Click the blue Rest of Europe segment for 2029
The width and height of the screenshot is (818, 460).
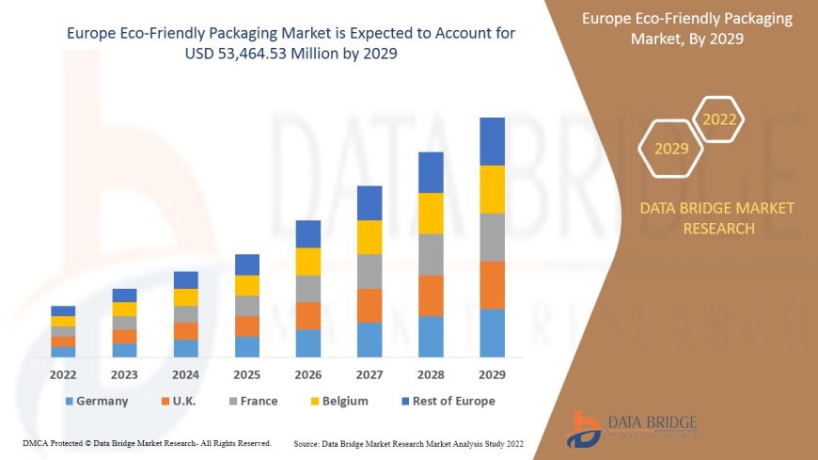click(x=492, y=141)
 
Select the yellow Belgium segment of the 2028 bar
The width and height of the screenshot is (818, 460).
click(x=431, y=213)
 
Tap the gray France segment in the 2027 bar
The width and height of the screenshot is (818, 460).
click(x=370, y=271)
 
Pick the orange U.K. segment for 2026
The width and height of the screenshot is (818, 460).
click(x=308, y=315)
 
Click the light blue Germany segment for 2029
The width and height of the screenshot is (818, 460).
click(x=492, y=333)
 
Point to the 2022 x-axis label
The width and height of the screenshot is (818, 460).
click(x=63, y=374)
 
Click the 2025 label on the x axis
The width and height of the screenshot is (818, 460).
click(x=247, y=374)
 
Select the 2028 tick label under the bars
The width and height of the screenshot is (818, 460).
click(x=431, y=374)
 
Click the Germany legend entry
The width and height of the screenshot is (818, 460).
click(x=96, y=401)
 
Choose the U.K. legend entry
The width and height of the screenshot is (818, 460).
click(x=179, y=401)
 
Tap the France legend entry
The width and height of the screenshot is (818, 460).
click(x=251, y=401)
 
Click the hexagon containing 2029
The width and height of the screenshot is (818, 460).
click(x=670, y=149)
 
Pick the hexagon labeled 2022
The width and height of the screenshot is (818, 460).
click(x=719, y=119)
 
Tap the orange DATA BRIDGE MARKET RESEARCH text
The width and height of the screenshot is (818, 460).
click(x=716, y=217)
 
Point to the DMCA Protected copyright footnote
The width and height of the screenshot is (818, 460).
click(x=147, y=442)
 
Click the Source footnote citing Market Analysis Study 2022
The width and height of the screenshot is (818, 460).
click(x=408, y=443)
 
